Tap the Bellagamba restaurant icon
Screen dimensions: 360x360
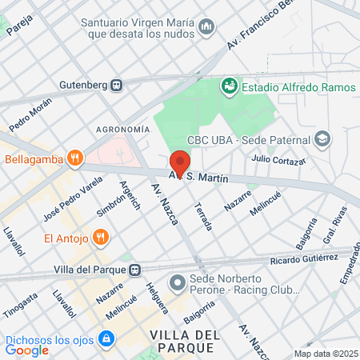point(74,158)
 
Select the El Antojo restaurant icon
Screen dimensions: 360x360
point(100,237)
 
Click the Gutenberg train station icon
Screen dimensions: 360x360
point(116,84)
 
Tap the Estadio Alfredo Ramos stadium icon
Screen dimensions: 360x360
point(230,84)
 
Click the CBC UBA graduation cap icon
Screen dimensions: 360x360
point(322,138)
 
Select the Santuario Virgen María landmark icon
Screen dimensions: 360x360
point(207,27)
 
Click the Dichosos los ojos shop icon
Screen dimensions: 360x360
point(105,339)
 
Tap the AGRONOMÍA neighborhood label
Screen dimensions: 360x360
point(122,129)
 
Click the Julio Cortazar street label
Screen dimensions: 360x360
point(278,160)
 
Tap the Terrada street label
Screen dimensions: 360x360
point(203,216)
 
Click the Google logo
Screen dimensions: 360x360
point(26,350)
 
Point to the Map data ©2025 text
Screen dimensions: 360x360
point(326,354)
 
